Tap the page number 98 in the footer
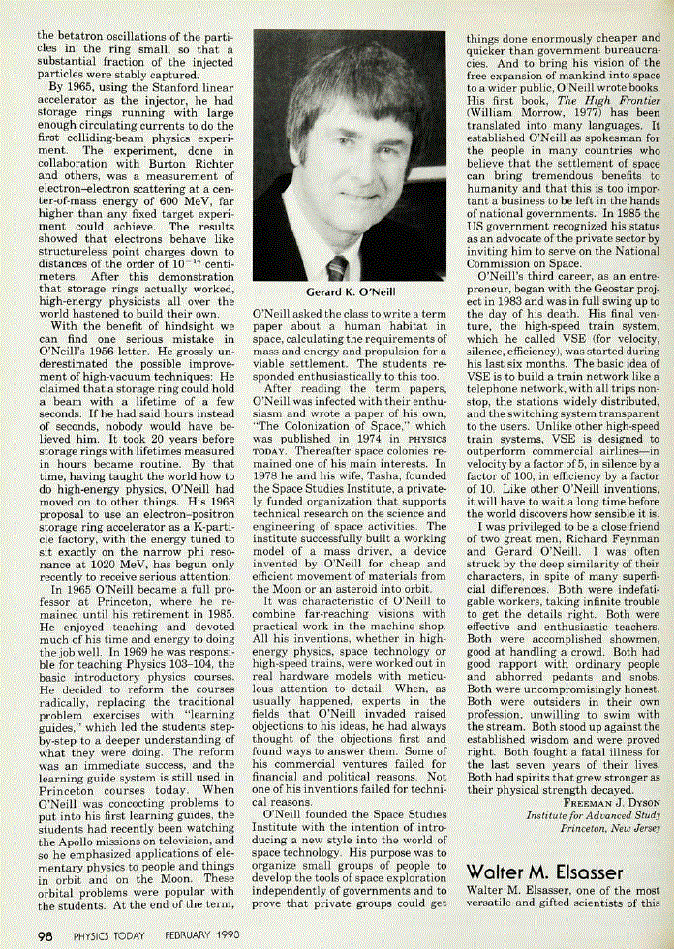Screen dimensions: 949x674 tap(45, 936)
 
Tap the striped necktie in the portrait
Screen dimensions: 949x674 tap(336, 267)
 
